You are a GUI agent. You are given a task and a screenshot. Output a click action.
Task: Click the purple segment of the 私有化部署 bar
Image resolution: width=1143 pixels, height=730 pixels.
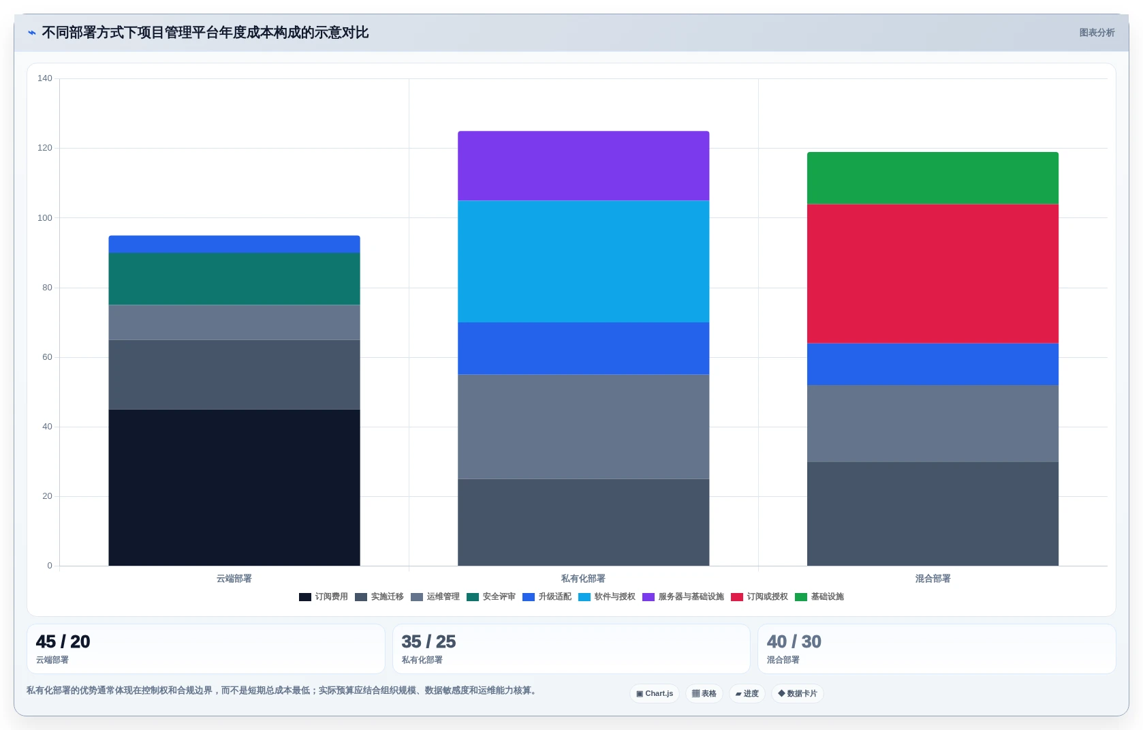click(583, 166)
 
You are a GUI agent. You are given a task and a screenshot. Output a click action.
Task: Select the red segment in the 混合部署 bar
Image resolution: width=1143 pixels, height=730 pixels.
click(933, 273)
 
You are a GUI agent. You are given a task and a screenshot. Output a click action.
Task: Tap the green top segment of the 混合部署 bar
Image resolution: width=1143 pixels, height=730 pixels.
click(933, 178)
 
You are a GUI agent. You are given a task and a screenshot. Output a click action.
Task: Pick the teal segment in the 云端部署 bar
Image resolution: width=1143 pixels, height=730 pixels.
click(234, 279)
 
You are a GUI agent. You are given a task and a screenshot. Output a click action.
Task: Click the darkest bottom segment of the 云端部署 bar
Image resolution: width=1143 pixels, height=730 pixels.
click(234, 487)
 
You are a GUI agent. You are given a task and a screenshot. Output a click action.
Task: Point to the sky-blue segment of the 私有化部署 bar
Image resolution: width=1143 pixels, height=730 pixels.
click(583, 261)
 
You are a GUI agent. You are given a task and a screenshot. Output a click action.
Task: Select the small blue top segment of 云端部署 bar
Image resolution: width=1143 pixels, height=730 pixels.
click(234, 244)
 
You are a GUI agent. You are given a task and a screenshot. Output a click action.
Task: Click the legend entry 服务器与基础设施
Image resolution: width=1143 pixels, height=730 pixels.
click(683, 597)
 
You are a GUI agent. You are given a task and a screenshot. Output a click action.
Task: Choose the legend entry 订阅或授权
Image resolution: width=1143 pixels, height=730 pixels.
click(760, 597)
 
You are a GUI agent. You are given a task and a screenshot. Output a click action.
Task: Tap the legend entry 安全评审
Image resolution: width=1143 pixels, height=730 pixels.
click(491, 597)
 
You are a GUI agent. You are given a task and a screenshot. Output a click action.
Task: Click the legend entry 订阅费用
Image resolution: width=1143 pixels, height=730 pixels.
click(324, 597)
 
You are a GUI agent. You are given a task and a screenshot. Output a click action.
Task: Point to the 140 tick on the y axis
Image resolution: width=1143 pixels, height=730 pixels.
click(45, 78)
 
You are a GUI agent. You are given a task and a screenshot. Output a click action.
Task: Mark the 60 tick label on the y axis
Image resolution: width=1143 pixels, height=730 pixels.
click(48, 357)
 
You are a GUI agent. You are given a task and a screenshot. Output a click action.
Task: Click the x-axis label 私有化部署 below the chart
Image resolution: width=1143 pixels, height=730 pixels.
click(583, 579)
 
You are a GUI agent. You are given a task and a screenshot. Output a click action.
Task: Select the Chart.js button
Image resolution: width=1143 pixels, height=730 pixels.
click(655, 693)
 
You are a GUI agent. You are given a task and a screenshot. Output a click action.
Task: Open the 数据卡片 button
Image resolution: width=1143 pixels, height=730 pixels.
click(797, 693)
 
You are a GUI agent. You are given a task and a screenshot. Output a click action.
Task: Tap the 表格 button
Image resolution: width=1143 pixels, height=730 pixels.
click(704, 693)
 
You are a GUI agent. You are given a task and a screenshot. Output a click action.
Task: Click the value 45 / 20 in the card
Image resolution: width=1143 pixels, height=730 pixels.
click(63, 641)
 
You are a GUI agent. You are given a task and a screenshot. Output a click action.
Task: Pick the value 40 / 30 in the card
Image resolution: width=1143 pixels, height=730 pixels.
click(794, 641)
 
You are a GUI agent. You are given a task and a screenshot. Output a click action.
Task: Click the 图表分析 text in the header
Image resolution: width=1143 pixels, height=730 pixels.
click(1097, 33)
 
